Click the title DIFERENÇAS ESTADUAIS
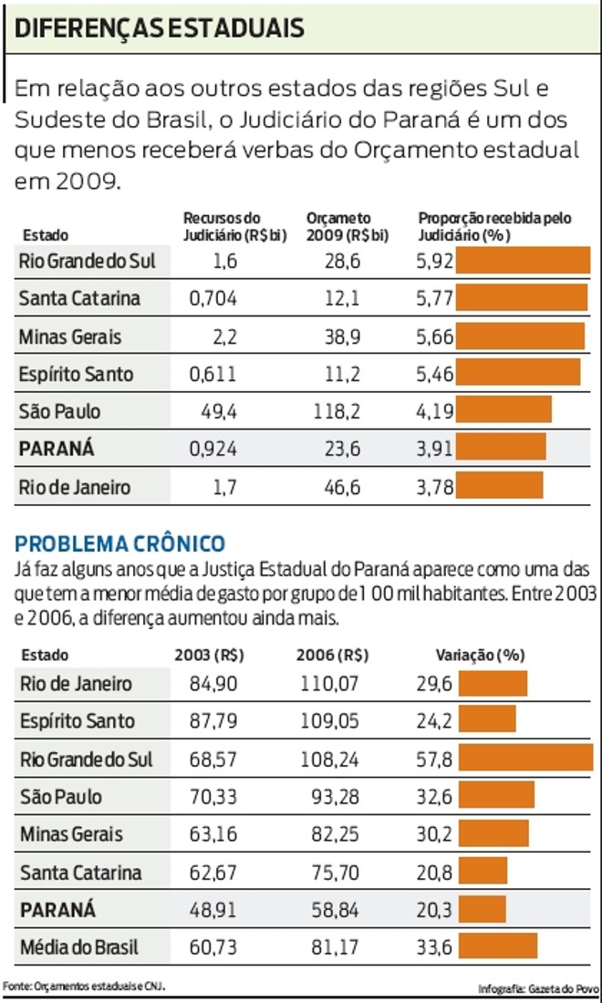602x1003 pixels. coord(161,28)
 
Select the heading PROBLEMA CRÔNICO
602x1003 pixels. coord(119,543)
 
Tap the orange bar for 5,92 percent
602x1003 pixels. coord(523,261)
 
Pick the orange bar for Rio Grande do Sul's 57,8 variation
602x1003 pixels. coord(525,759)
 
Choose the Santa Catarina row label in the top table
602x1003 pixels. coord(79,298)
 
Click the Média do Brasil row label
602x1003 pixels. coord(79,947)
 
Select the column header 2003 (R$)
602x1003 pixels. coord(215,655)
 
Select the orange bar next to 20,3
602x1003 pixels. coord(482,909)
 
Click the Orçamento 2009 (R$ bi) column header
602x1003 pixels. coord(348,226)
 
